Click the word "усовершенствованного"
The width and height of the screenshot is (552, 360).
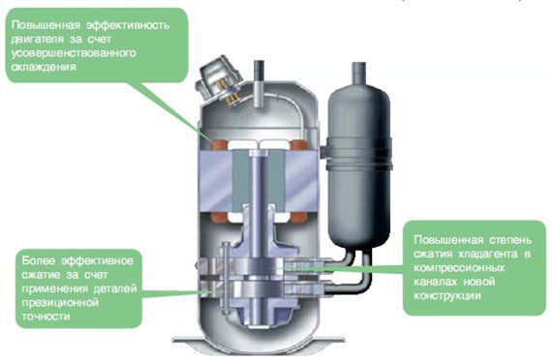pos(74,53)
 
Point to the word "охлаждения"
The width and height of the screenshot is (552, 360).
pos(44,67)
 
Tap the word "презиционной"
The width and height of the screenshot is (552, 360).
pos(60,303)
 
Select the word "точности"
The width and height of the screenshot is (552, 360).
pos(46,316)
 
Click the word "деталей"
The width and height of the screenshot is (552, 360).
pos(115,289)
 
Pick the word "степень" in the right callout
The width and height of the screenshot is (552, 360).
pos(510,240)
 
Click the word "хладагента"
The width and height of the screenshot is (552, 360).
pos(487,255)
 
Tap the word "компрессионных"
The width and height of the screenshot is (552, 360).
pos(459,268)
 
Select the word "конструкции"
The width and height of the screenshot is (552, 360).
pos(447,295)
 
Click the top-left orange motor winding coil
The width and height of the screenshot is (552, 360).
pos(220,144)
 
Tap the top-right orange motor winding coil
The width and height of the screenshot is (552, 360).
pos(297,144)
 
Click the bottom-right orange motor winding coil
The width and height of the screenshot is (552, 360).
pos(298,218)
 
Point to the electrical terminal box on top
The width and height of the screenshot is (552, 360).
pos(218,81)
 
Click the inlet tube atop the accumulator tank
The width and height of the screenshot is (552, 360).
pos(358,74)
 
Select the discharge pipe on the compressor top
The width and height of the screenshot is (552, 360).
pos(260,84)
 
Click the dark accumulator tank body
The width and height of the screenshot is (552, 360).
pos(359,165)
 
